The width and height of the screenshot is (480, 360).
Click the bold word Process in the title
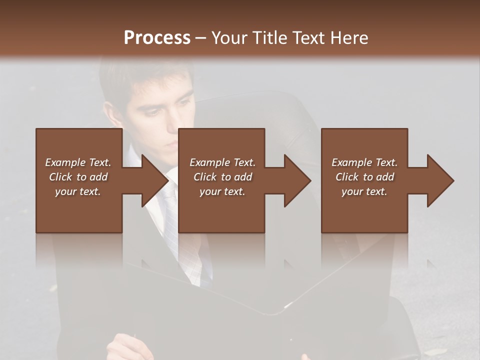click(157, 38)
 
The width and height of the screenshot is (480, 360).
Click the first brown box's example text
click(78, 177)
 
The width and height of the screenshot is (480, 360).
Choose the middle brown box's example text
click(222, 177)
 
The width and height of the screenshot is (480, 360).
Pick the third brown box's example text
click(364, 177)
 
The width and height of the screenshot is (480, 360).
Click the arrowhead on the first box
click(155, 180)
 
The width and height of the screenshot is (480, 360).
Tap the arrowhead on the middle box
click(297, 180)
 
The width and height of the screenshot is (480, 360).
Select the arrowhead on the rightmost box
click(440, 180)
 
